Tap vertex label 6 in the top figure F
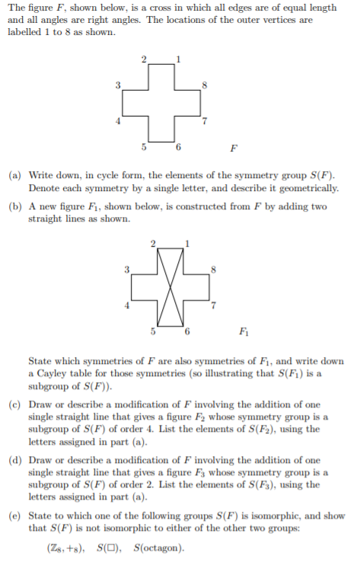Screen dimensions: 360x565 [x=178, y=145]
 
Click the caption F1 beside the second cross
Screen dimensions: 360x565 [x=243, y=331]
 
